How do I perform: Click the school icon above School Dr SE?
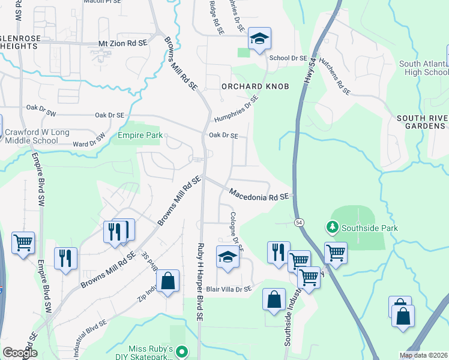click(259, 40)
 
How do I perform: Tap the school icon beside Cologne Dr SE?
click(228, 258)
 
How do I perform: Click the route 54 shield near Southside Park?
click(298, 222)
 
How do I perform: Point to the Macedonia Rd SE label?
click(259, 194)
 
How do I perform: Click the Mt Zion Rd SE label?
click(123, 44)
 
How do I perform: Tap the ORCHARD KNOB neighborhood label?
click(255, 86)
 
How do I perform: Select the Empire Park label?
click(140, 136)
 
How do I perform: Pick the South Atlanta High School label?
click(424, 68)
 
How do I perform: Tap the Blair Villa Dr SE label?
click(229, 289)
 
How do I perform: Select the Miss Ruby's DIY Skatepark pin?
click(183, 352)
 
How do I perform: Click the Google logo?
click(20, 353)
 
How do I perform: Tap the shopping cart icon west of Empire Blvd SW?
click(23, 243)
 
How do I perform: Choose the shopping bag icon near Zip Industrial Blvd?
click(168, 281)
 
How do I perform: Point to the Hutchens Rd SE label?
click(335, 76)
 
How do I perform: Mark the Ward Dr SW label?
click(88, 140)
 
